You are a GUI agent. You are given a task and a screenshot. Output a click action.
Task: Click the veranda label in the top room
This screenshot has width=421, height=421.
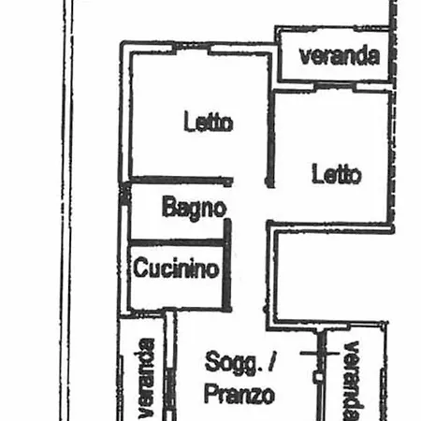click(340, 56)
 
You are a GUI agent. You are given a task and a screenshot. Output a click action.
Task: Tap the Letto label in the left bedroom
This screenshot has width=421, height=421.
click(209, 122)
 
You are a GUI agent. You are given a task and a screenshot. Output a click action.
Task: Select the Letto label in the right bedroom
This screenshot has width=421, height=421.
click(337, 174)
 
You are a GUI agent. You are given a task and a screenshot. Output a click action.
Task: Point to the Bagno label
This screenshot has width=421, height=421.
click(194, 208)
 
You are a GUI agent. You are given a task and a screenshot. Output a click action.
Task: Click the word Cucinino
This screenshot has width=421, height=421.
click(176, 268)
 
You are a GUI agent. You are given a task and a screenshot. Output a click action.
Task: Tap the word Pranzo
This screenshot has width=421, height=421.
click(240, 395)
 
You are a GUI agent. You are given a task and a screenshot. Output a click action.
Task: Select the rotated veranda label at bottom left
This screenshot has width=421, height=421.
click(146, 378)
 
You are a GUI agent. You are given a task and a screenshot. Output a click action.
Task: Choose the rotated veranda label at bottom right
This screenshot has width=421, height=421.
click(354, 381)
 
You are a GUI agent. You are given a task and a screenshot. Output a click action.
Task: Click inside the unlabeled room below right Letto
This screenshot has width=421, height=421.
click(330, 276)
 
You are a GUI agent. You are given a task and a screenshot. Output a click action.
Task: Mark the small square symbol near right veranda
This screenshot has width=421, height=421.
click(318, 377)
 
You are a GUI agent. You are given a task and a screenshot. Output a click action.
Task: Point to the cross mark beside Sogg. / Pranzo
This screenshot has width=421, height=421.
click(319, 353)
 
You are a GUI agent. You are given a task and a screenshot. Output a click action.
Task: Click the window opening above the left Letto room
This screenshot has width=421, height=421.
click(192, 47)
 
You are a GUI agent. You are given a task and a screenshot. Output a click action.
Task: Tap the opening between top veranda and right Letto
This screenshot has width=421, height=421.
click(334, 85)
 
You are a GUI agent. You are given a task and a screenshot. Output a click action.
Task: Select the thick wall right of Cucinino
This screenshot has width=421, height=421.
click(227, 265)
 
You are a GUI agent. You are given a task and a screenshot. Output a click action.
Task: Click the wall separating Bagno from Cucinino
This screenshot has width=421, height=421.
click(177, 242)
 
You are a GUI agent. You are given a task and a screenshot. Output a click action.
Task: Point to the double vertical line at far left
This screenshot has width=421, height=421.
click(66, 210)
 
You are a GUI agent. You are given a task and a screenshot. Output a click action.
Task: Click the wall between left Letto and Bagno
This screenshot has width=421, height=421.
click(181, 180)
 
